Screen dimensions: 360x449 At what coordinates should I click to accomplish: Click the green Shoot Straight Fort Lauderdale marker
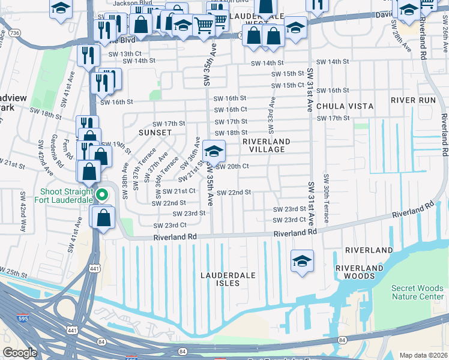point(102,194)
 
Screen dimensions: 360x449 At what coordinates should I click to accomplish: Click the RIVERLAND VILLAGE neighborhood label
point(266,146)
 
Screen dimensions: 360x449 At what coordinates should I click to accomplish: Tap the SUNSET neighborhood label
point(155,132)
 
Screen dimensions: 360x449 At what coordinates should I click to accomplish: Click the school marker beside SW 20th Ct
point(214,151)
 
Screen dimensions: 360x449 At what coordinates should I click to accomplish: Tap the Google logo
point(20,353)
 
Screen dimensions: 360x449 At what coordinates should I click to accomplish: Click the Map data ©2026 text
point(423,355)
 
